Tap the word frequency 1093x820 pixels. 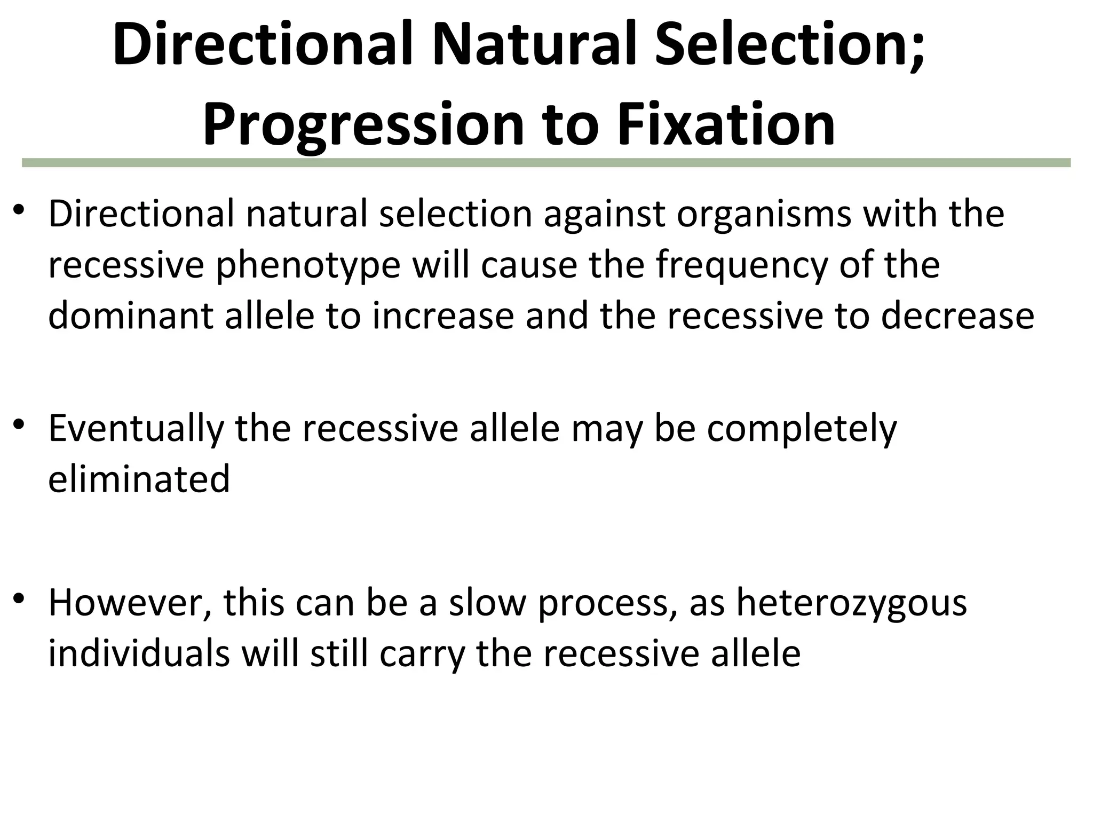click(742, 266)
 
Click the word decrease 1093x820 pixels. click(957, 315)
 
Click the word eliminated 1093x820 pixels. click(139, 478)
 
